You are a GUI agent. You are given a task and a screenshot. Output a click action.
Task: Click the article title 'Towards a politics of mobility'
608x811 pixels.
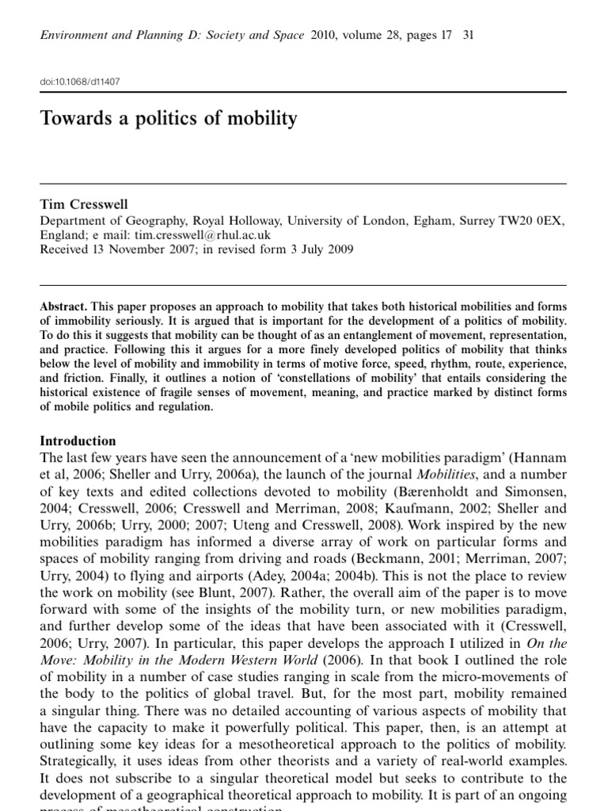[x=169, y=120]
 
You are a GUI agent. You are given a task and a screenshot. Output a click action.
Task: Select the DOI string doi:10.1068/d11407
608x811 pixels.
[x=80, y=81]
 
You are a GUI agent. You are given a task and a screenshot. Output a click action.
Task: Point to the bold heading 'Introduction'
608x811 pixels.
[x=78, y=441]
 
